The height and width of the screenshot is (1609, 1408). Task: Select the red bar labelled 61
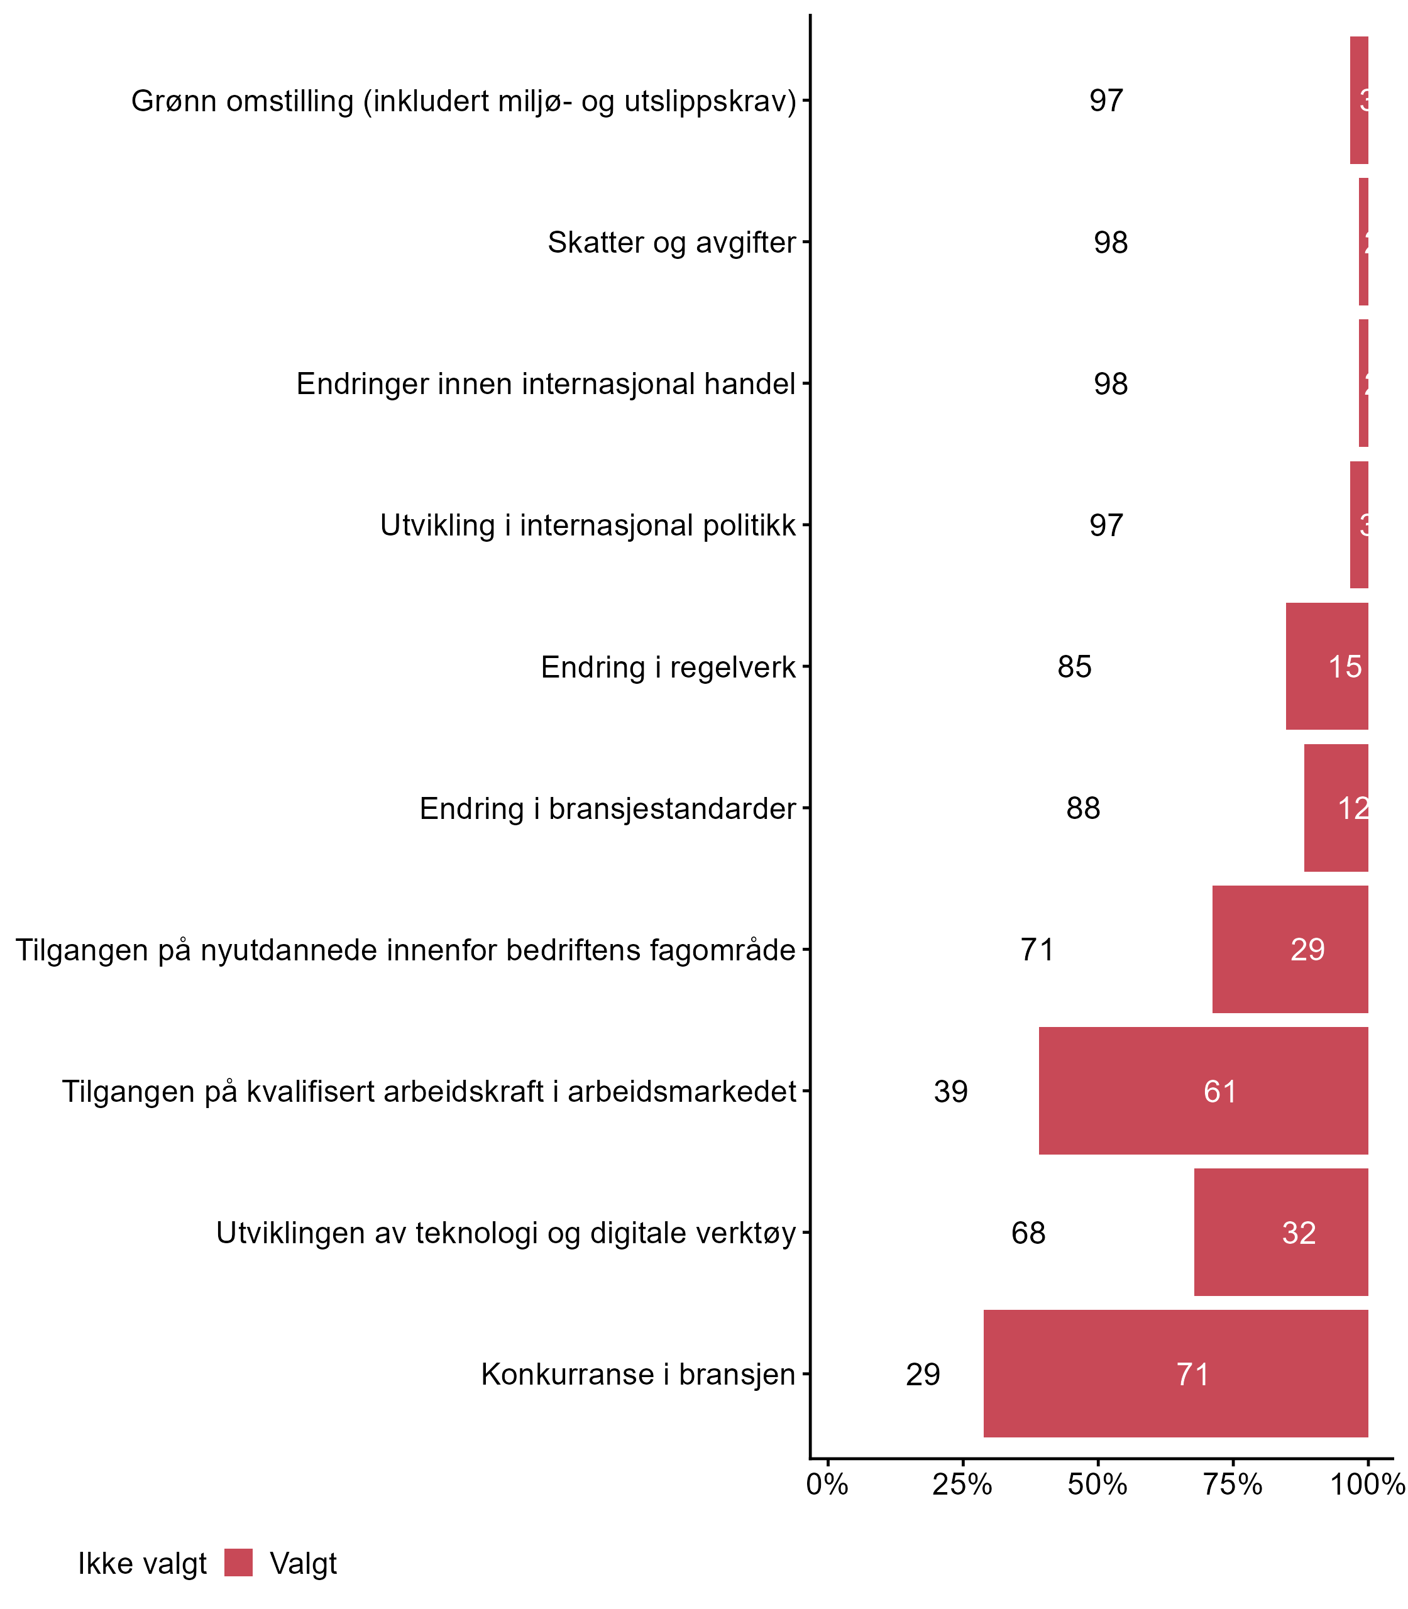tap(1203, 1091)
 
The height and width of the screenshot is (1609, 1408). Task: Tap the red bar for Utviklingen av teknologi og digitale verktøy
tap(1281, 1233)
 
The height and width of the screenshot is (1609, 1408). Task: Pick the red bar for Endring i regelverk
tap(1326, 667)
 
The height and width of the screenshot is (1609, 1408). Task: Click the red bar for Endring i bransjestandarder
tap(1336, 808)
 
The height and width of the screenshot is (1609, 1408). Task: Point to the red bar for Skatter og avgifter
tap(1363, 242)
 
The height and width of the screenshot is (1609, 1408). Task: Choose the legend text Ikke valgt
tap(142, 1564)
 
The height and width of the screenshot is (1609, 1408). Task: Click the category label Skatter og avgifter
tap(672, 243)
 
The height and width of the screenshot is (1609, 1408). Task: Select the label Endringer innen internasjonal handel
tap(546, 384)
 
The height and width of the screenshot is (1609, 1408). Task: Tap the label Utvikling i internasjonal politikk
tap(588, 525)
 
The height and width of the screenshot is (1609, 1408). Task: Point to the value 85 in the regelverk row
tap(1074, 667)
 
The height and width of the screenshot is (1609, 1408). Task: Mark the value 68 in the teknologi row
tap(1028, 1233)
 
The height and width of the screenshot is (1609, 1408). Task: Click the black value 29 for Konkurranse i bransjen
tap(923, 1375)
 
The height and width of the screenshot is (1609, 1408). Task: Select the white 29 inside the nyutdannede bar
tap(1307, 950)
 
